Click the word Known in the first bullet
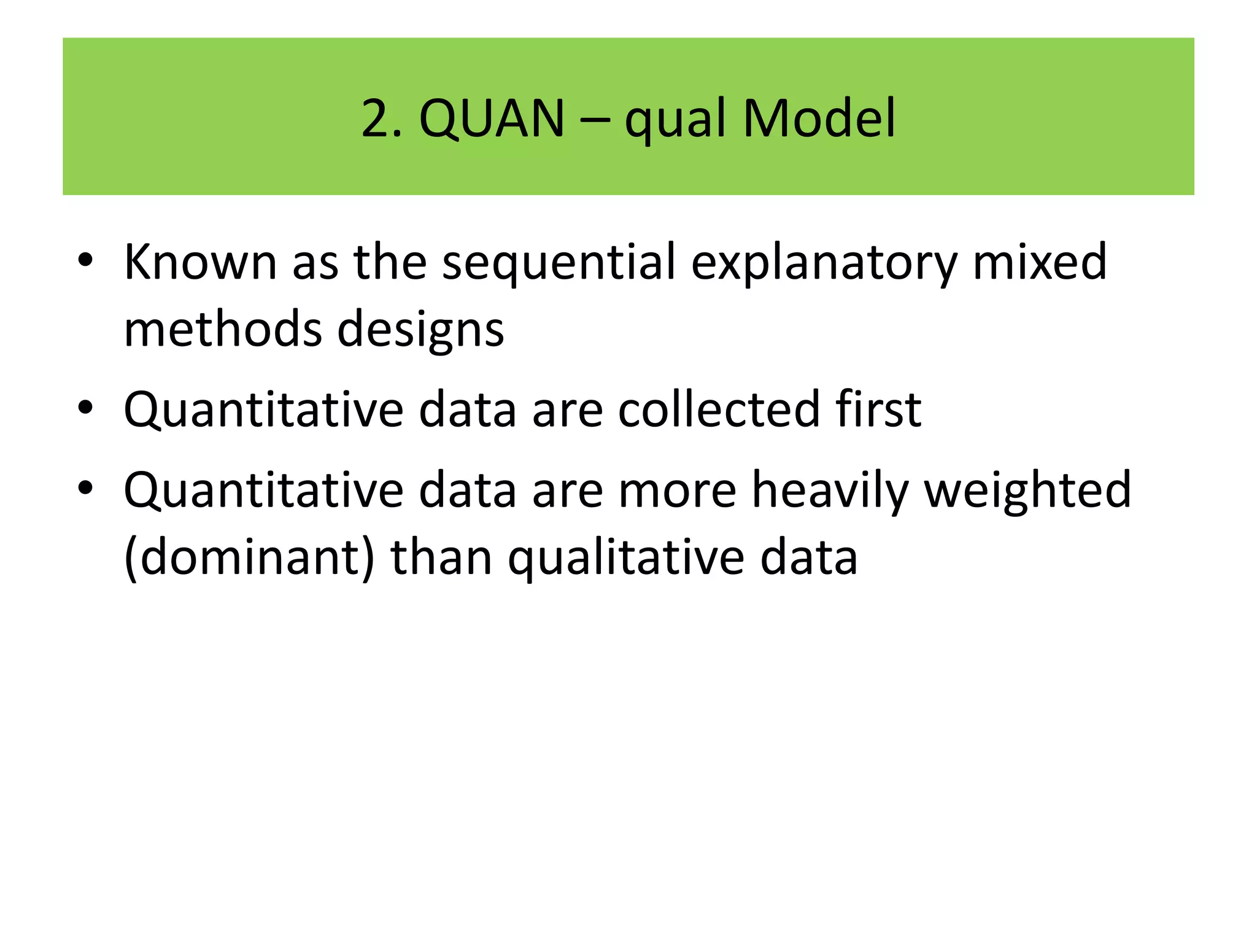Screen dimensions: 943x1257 200,262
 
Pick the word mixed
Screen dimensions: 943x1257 1040,262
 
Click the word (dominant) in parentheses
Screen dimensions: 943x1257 249,557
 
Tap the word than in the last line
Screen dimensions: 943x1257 441,557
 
